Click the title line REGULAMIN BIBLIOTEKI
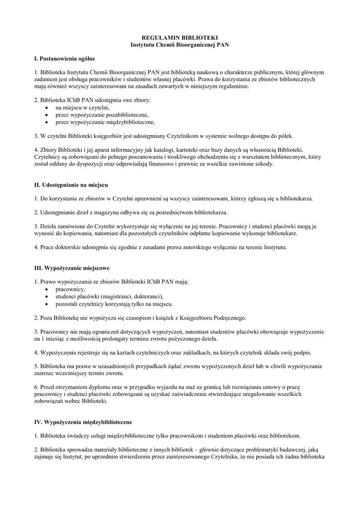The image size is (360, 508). (180, 38)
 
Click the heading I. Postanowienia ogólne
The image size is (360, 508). (61, 59)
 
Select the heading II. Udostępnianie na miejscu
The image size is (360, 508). (71, 185)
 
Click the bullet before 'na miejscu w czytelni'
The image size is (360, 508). (46, 108)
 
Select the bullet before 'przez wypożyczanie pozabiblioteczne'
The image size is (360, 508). (46, 115)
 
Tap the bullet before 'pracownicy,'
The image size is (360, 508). (46, 290)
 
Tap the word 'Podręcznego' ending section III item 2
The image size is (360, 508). (228, 317)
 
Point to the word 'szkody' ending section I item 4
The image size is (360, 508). (263, 164)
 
